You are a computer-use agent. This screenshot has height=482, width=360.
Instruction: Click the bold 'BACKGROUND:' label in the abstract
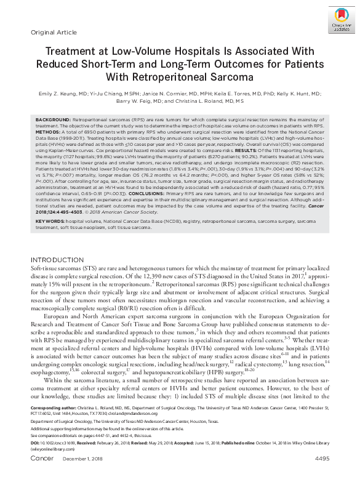tap(52, 118)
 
